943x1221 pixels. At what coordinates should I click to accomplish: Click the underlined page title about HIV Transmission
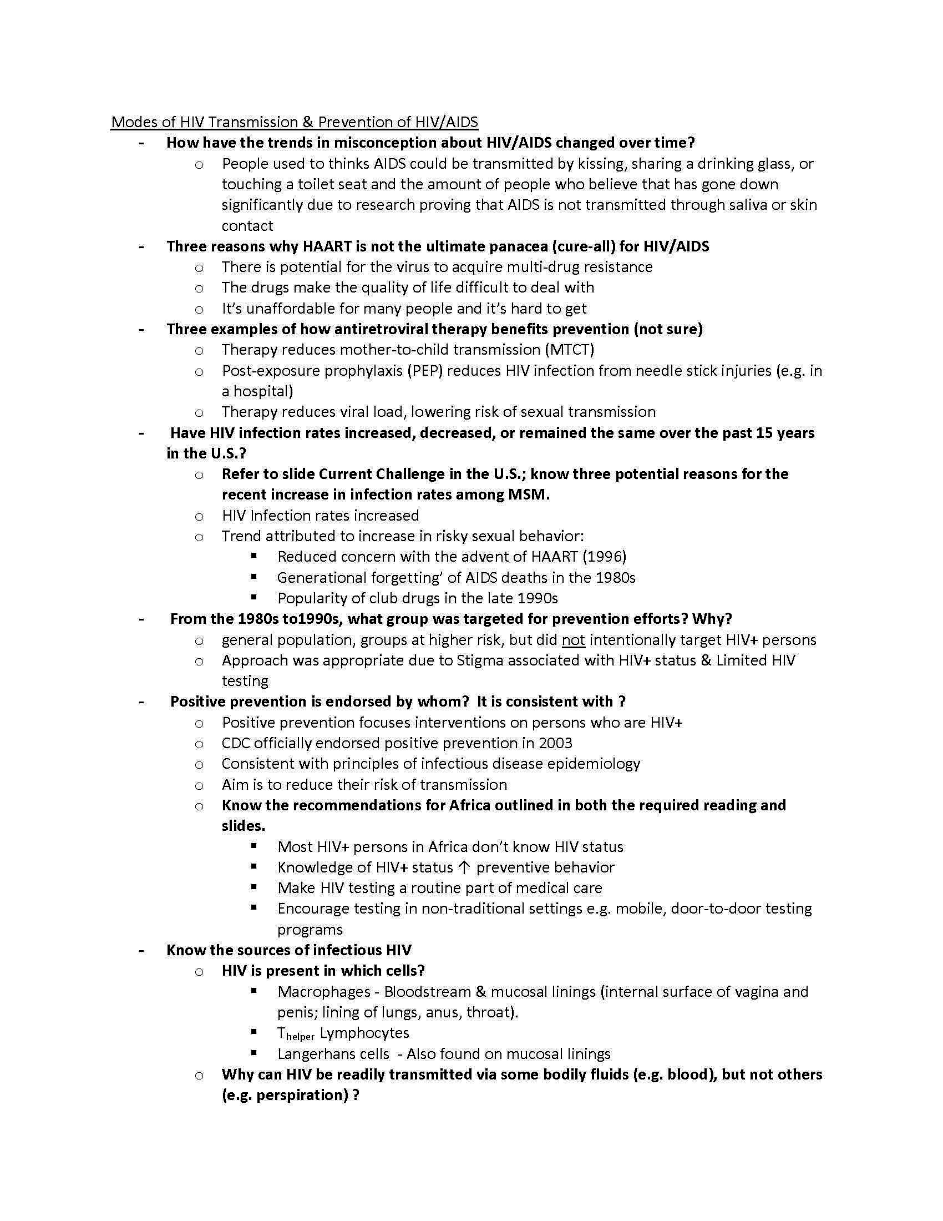tap(295, 122)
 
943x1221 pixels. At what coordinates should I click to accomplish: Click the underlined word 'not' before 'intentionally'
tap(573, 639)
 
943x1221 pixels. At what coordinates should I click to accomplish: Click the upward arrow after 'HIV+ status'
tap(464, 867)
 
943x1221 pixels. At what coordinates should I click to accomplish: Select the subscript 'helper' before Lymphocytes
tap(301, 1037)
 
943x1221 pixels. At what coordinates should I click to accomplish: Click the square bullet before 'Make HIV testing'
tap(254, 887)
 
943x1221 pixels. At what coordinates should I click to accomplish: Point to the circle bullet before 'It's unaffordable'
tap(199, 309)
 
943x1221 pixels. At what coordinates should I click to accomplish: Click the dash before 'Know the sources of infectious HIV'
tap(142, 950)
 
